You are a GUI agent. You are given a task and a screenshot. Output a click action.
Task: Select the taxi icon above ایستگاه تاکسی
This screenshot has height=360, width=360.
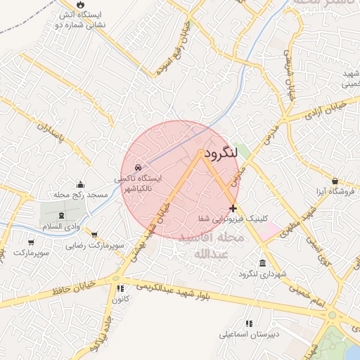tap(138, 168)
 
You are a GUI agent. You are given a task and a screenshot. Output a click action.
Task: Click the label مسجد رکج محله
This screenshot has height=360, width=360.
tap(80, 194)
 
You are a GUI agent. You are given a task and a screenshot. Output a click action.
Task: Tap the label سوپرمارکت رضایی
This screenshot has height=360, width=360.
tap(95, 246)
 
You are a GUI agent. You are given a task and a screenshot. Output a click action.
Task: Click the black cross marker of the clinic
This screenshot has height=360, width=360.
tap(233, 208)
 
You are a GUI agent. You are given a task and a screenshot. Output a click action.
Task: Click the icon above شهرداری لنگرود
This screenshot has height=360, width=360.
tap(262, 264)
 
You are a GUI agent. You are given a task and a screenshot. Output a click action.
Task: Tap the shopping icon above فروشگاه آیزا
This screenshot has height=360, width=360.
tap(335, 181)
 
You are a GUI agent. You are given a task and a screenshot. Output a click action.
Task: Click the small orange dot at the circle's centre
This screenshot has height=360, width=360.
tap(201, 153)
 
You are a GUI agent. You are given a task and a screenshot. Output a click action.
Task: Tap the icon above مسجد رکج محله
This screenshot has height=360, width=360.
tap(80, 184)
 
